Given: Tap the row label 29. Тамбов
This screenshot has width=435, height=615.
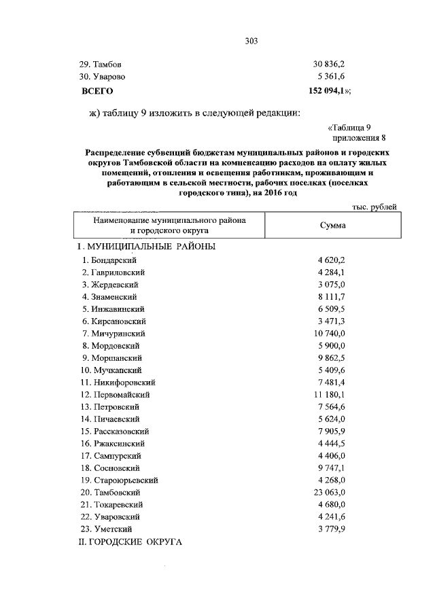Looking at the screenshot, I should pos(101,64).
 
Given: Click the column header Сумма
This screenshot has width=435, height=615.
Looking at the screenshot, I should pos(333,226).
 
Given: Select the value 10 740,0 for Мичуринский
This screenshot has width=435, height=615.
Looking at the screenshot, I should pos(330,334).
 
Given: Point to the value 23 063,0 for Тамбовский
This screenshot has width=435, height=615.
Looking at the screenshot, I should pos(330,492).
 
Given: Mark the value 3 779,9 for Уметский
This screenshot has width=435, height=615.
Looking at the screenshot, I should pos(332,529).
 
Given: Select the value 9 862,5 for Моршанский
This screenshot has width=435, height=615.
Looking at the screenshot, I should pos(332,358).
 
